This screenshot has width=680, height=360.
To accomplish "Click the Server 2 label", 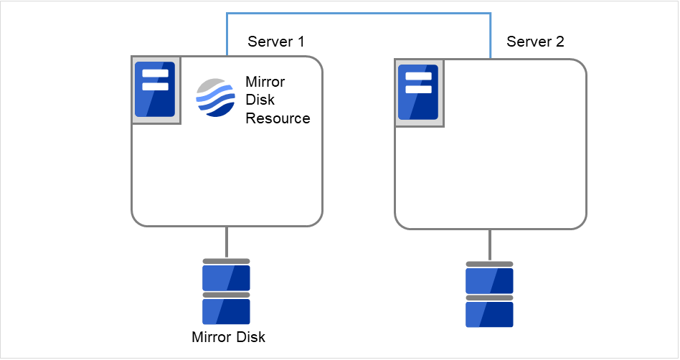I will point(535,42).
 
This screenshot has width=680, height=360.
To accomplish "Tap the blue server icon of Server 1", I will point(156,90).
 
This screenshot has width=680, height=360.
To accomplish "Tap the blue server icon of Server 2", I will point(419,93).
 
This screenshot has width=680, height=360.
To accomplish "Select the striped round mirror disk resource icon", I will point(215,98).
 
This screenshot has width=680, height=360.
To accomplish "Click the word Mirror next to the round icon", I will point(265,81).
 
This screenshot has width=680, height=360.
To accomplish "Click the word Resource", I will point(278,118).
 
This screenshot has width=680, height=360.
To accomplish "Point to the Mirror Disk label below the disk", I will point(228,336).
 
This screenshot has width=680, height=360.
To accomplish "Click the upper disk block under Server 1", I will point(226,278).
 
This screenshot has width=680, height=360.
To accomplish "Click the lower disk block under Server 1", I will point(226,311).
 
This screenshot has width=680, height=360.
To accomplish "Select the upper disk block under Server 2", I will point(489,280).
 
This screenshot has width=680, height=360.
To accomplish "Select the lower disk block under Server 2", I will point(489,314).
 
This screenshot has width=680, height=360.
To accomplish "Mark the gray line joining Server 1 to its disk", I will point(227,242).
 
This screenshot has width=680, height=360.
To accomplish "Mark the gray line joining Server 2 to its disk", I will point(490,245).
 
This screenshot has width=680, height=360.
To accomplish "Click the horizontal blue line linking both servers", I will point(359,13).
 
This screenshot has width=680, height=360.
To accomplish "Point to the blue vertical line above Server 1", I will point(227,34).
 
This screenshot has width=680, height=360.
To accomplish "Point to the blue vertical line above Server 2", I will point(491,36).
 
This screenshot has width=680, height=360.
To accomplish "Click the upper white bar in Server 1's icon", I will point(156,74).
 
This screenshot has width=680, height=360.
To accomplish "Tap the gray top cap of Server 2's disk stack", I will point(489,264).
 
